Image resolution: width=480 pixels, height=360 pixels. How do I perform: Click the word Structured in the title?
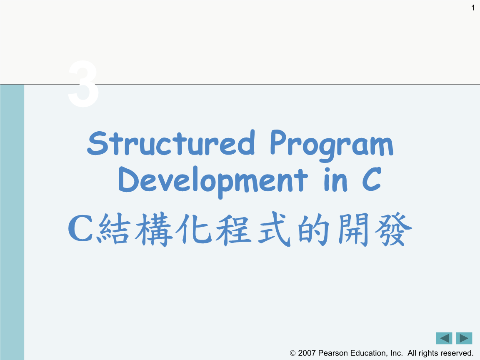[171, 143]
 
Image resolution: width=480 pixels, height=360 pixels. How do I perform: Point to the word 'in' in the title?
[336, 180]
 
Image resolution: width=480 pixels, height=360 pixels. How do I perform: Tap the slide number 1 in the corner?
[473, 7]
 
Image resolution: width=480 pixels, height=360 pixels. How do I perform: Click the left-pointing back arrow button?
[444, 338]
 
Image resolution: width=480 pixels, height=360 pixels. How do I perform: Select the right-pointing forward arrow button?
[464, 338]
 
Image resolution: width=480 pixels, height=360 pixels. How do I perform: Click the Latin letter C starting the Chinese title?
[80, 230]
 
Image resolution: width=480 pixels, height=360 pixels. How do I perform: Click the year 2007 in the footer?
[307, 353]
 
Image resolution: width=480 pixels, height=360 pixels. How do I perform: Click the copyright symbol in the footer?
[292, 353]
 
